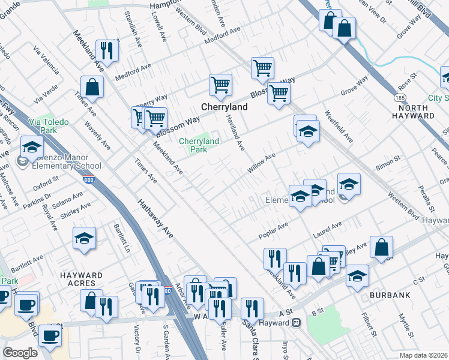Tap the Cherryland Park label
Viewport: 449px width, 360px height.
coord(199,145)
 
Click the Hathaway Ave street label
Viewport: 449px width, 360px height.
coord(157,220)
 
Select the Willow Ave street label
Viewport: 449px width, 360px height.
coord(261,162)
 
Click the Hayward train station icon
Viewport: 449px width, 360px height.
coord(296,323)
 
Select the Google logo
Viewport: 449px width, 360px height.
coord(20,353)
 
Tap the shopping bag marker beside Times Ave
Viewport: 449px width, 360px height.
coord(93,88)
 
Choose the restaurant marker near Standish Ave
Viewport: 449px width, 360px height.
coord(107,51)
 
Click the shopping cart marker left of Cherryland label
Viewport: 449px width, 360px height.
coord(155,118)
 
